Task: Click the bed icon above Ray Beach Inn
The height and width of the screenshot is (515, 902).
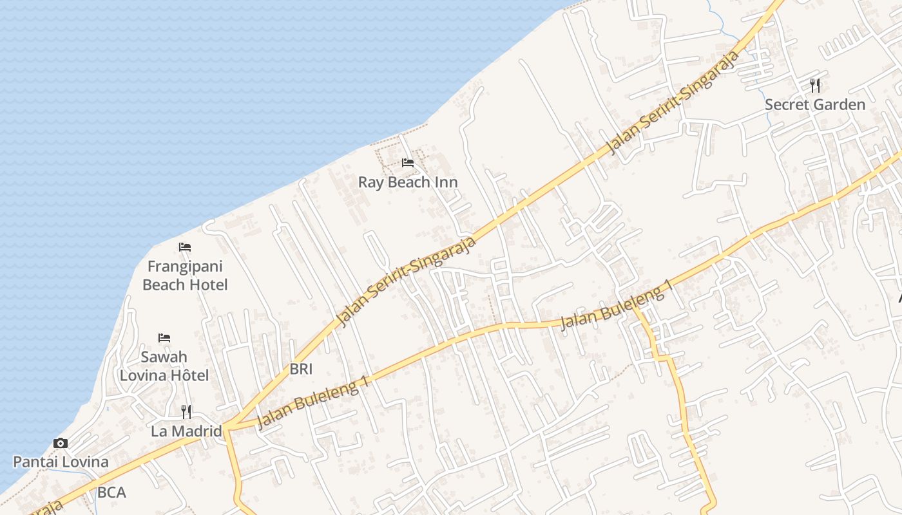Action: [408, 163]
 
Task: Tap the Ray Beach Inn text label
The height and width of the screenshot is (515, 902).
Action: [408, 182]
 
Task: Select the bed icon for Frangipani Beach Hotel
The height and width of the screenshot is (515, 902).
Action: [185, 247]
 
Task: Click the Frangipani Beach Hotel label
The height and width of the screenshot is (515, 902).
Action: [185, 276]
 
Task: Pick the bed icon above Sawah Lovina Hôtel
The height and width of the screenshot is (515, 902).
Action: [164, 338]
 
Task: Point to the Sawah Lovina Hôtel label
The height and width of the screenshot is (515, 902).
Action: [164, 366]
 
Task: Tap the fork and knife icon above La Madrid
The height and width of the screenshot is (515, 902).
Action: [186, 411]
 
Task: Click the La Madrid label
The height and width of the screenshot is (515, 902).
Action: [186, 431]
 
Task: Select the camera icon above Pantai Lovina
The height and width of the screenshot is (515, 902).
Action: [61, 443]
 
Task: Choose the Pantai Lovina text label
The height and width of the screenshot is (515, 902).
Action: [61, 462]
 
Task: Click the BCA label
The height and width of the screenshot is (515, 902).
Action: [111, 493]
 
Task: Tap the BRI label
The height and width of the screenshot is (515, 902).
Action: [301, 369]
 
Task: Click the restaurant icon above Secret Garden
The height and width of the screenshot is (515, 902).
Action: [815, 85]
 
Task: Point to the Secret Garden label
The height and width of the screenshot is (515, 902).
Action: [815, 104]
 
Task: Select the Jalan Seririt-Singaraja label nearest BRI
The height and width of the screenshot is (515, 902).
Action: [407, 281]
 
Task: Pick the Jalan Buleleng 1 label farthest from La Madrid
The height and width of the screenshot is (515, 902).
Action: [617, 305]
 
